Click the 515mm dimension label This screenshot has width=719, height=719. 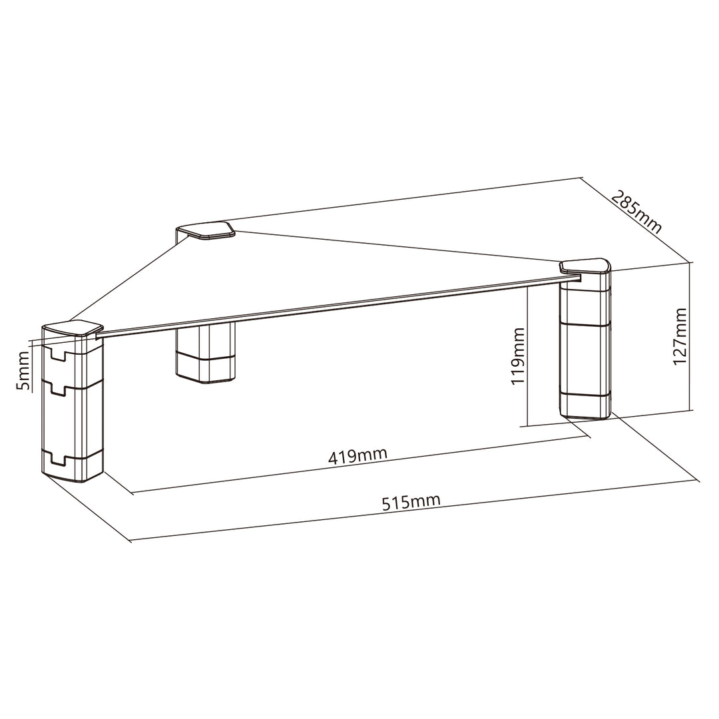tap(411, 502)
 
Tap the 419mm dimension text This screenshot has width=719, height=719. tap(358, 455)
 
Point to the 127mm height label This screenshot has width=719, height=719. tap(680, 336)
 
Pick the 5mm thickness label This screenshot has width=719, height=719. tap(23, 369)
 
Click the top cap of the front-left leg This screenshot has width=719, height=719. tap(73, 330)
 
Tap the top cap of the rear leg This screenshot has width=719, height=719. tap(206, 230)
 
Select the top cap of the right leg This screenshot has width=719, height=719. tap(586, 266)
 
